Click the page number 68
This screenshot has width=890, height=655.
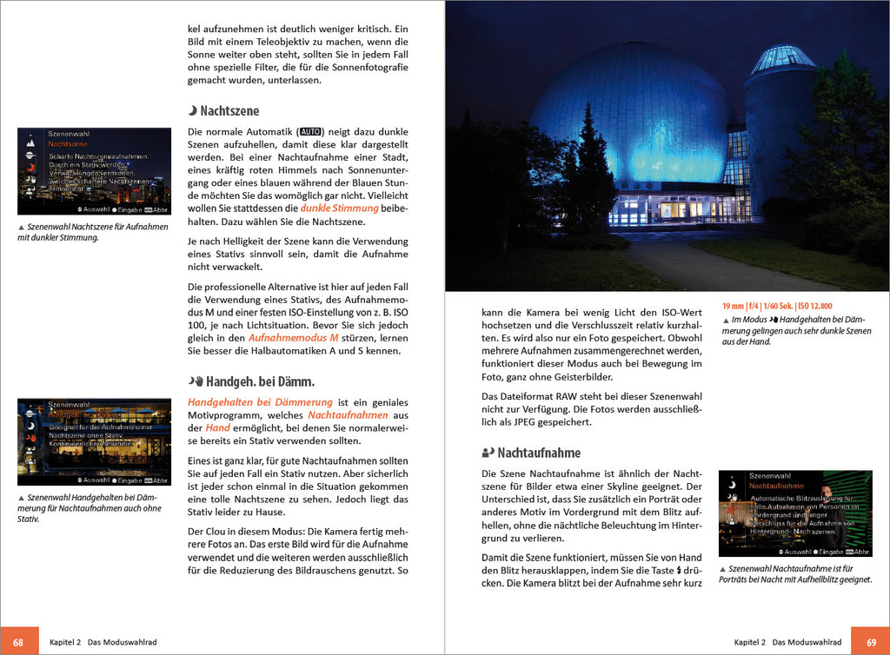coord(17,641)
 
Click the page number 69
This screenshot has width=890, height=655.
coord(871,641)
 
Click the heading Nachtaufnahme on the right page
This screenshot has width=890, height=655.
coord(537,453)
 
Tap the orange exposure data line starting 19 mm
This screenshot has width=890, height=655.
coord(776,306)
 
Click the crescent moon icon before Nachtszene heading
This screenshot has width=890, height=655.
coord(193,111)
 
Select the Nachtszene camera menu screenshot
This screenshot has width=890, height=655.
coord(94,171)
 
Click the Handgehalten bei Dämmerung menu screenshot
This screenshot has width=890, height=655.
coord(94,441)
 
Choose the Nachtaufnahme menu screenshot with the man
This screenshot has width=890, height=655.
coord(794,513)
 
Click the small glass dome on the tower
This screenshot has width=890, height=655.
coord(783,60)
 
